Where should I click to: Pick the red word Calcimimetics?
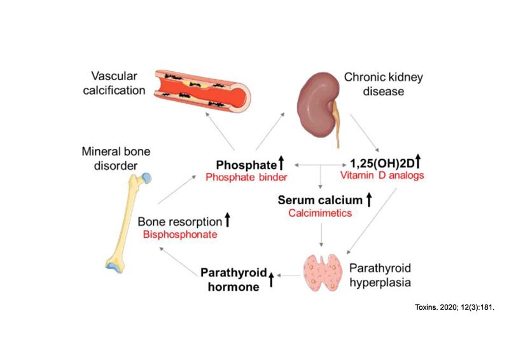click(x=320, y=214)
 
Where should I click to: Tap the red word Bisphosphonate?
click(x=180, y=235)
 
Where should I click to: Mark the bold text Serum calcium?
click(x=319, y=200)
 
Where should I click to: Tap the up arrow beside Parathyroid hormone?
click(x=270, y=279)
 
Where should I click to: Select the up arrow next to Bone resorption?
click(x=227, y=221)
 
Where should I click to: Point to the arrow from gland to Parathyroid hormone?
click(x=290, y=275)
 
